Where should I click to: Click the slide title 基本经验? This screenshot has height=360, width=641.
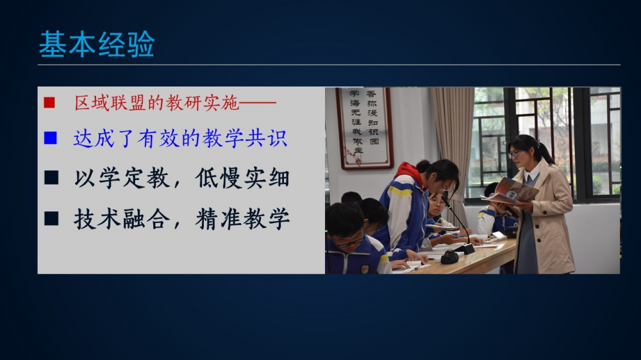coord(97,44)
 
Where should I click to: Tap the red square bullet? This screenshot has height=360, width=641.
coord(49,102)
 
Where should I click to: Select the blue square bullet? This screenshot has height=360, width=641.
coord(50,138)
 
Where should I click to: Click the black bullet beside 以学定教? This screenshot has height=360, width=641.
coord(51,177)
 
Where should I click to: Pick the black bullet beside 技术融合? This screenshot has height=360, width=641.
coord(51,218)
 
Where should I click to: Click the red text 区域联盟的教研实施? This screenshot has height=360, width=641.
coord(156,102)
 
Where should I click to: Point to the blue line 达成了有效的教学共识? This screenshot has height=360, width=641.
coord(180,138)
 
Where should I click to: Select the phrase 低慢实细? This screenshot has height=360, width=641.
coord(242,178)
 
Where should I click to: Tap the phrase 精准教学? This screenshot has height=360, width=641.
coord(242,219)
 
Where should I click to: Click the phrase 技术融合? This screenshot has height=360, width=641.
coord(121,219)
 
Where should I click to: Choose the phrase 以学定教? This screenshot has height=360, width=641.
coord(121,178)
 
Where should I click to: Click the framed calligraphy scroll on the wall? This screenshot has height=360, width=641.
coord(364,127)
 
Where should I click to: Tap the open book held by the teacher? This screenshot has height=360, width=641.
coord(510,192)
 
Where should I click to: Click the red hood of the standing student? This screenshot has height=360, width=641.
coord(409,171)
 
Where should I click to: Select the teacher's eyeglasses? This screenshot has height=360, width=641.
coord(515,154)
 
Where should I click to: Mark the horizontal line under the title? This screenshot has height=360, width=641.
coord(329,65)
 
